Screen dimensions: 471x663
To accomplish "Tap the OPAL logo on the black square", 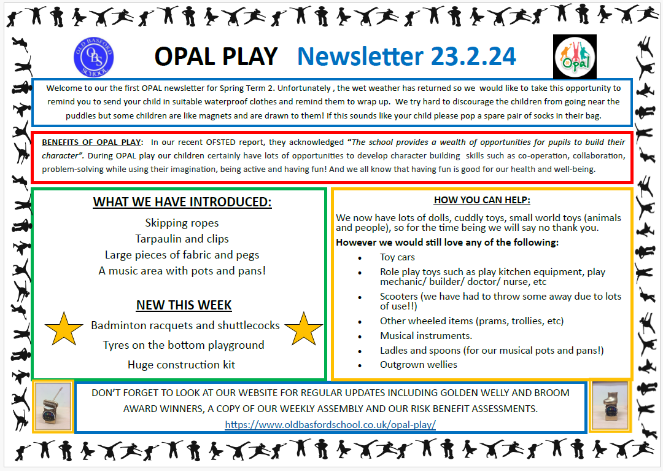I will pyautogui.click(x=575, y=56).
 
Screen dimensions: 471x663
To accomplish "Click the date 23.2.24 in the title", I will pyautogui.click(x=473, y=56).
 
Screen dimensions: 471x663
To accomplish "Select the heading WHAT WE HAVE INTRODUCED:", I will pyautogui.click(x=182, y=202).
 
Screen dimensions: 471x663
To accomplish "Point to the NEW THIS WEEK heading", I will pyautogui.click(x=184, y=305).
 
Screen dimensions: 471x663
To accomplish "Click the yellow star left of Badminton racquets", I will pyautogui.click(x=64, y=329).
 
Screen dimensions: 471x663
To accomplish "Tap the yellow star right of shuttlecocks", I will pyautogui.click(x=303, y=329).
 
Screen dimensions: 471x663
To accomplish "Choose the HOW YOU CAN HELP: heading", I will pyautogui.click(x=482, y=200).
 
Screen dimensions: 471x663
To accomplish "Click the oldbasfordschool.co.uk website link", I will pyautogui.click(x=330, y=424).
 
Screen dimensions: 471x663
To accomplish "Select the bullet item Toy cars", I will pyautogui.click(x=397, y=257).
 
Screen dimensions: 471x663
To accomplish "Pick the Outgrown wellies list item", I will pyautogui.click(x=418, y=364).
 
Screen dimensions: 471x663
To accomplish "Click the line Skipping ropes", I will pyautogui.click(x=182, y=223).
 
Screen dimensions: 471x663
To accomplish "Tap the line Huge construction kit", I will pyautogui.click(x=181, y=365).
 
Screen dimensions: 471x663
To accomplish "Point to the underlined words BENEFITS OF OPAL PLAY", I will pyautogui.click(x=91, y=142).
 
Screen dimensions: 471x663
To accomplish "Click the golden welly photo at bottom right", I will pyautogui.click(x=610, y=405).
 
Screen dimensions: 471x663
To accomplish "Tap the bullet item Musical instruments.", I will pyautogui.click(x=425, y=336).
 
